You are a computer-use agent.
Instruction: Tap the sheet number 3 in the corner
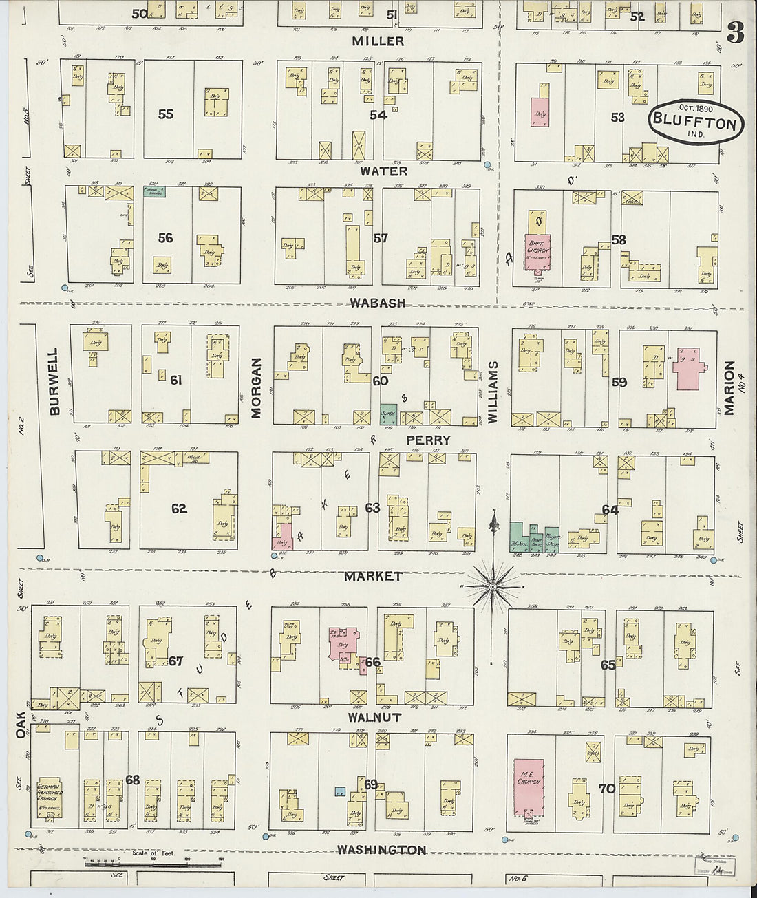click(735, 33)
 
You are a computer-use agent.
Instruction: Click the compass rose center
click(493, 586)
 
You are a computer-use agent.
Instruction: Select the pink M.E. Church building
click(530, 787)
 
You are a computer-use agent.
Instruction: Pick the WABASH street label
click(377, 303)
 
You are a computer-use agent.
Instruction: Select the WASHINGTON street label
click(382, 851)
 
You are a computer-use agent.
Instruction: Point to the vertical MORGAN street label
click(257, 388)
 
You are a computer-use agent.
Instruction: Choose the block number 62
click(179, 509)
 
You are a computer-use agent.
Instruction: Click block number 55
click(165, 114)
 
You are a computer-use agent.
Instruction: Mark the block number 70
click(606, 789)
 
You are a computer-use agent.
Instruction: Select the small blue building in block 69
click(339, 791)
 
